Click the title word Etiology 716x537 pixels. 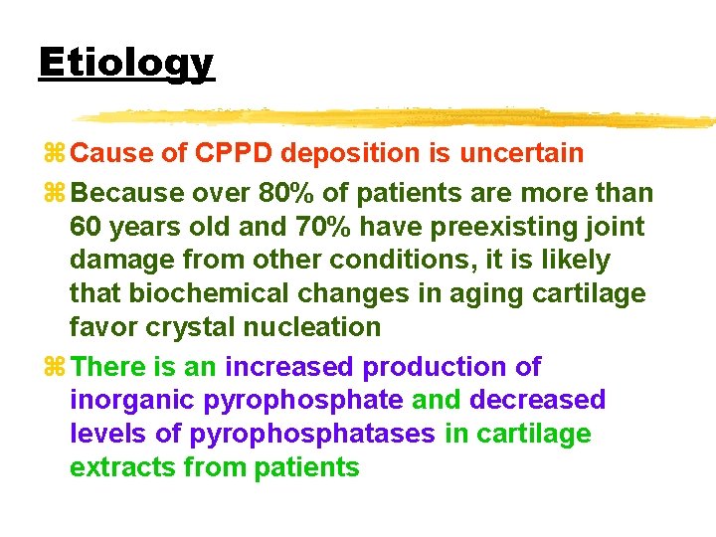point(126,63)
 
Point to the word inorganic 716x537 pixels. point(133,400)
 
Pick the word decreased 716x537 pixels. point(537,400)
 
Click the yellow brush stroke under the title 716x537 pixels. point(398,117)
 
